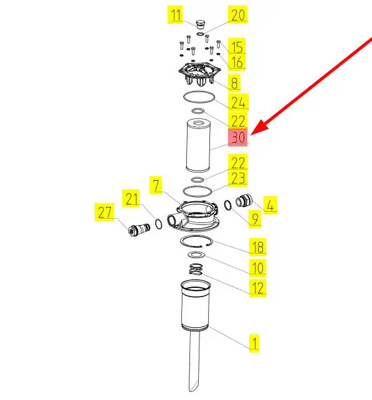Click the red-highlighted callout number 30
(x=238, y=138)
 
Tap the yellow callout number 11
(x=175, y=15)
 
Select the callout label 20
(x=238, y=14)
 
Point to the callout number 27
(x=105, y=212)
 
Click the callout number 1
(x=254, y=343)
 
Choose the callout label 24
(x=238, y=102)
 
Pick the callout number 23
(x=238, y=178)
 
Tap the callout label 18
(x=258, y=247)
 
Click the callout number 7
(x=156, y=185)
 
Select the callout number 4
(x=270, y=205)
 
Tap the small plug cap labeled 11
(x=201, y=25)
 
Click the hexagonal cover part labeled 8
(x=199, y=72)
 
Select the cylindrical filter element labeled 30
(x=198, y=145)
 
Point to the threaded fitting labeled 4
(x=244, y=201)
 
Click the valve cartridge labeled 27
(x=139, y=229)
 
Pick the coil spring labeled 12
(x=196, y=270)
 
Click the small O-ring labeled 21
(x=158, y=224)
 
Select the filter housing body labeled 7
(x=193, y=216)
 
